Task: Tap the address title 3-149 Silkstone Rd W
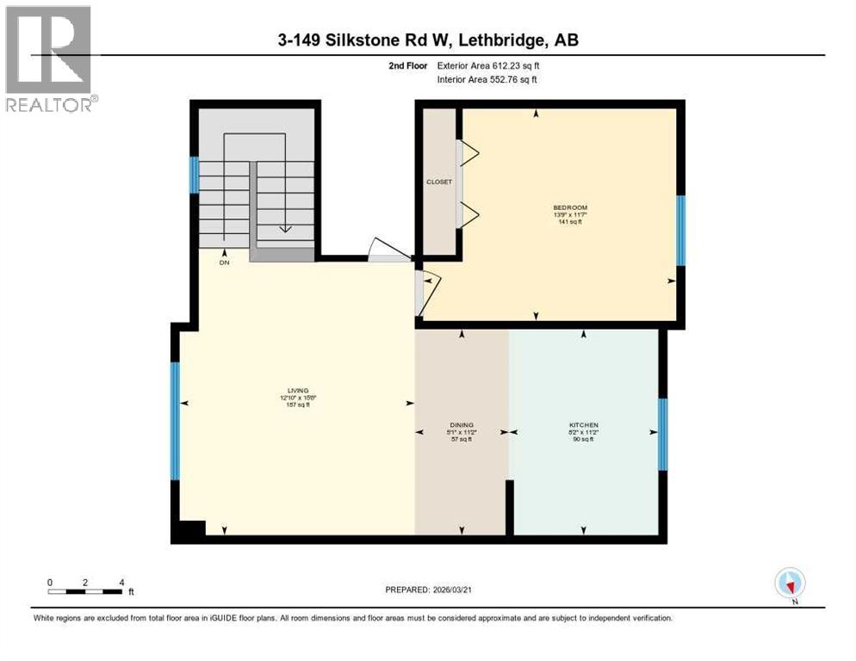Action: click(428, 41)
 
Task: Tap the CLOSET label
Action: click(439, 182)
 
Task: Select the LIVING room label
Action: click(294, 397)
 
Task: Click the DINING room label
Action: click(462, 431)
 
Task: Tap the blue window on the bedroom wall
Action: click(680, 230)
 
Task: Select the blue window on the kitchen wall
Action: click(662, 434)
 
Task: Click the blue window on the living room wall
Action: click(175, 420)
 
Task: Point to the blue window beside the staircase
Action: click(195, 176)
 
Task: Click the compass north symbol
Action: click(789, 583)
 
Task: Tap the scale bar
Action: click(85, 591)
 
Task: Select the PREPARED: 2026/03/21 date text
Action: click(430, 590)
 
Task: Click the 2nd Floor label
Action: click(407, 65)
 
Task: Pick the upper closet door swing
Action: click(469, 154)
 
